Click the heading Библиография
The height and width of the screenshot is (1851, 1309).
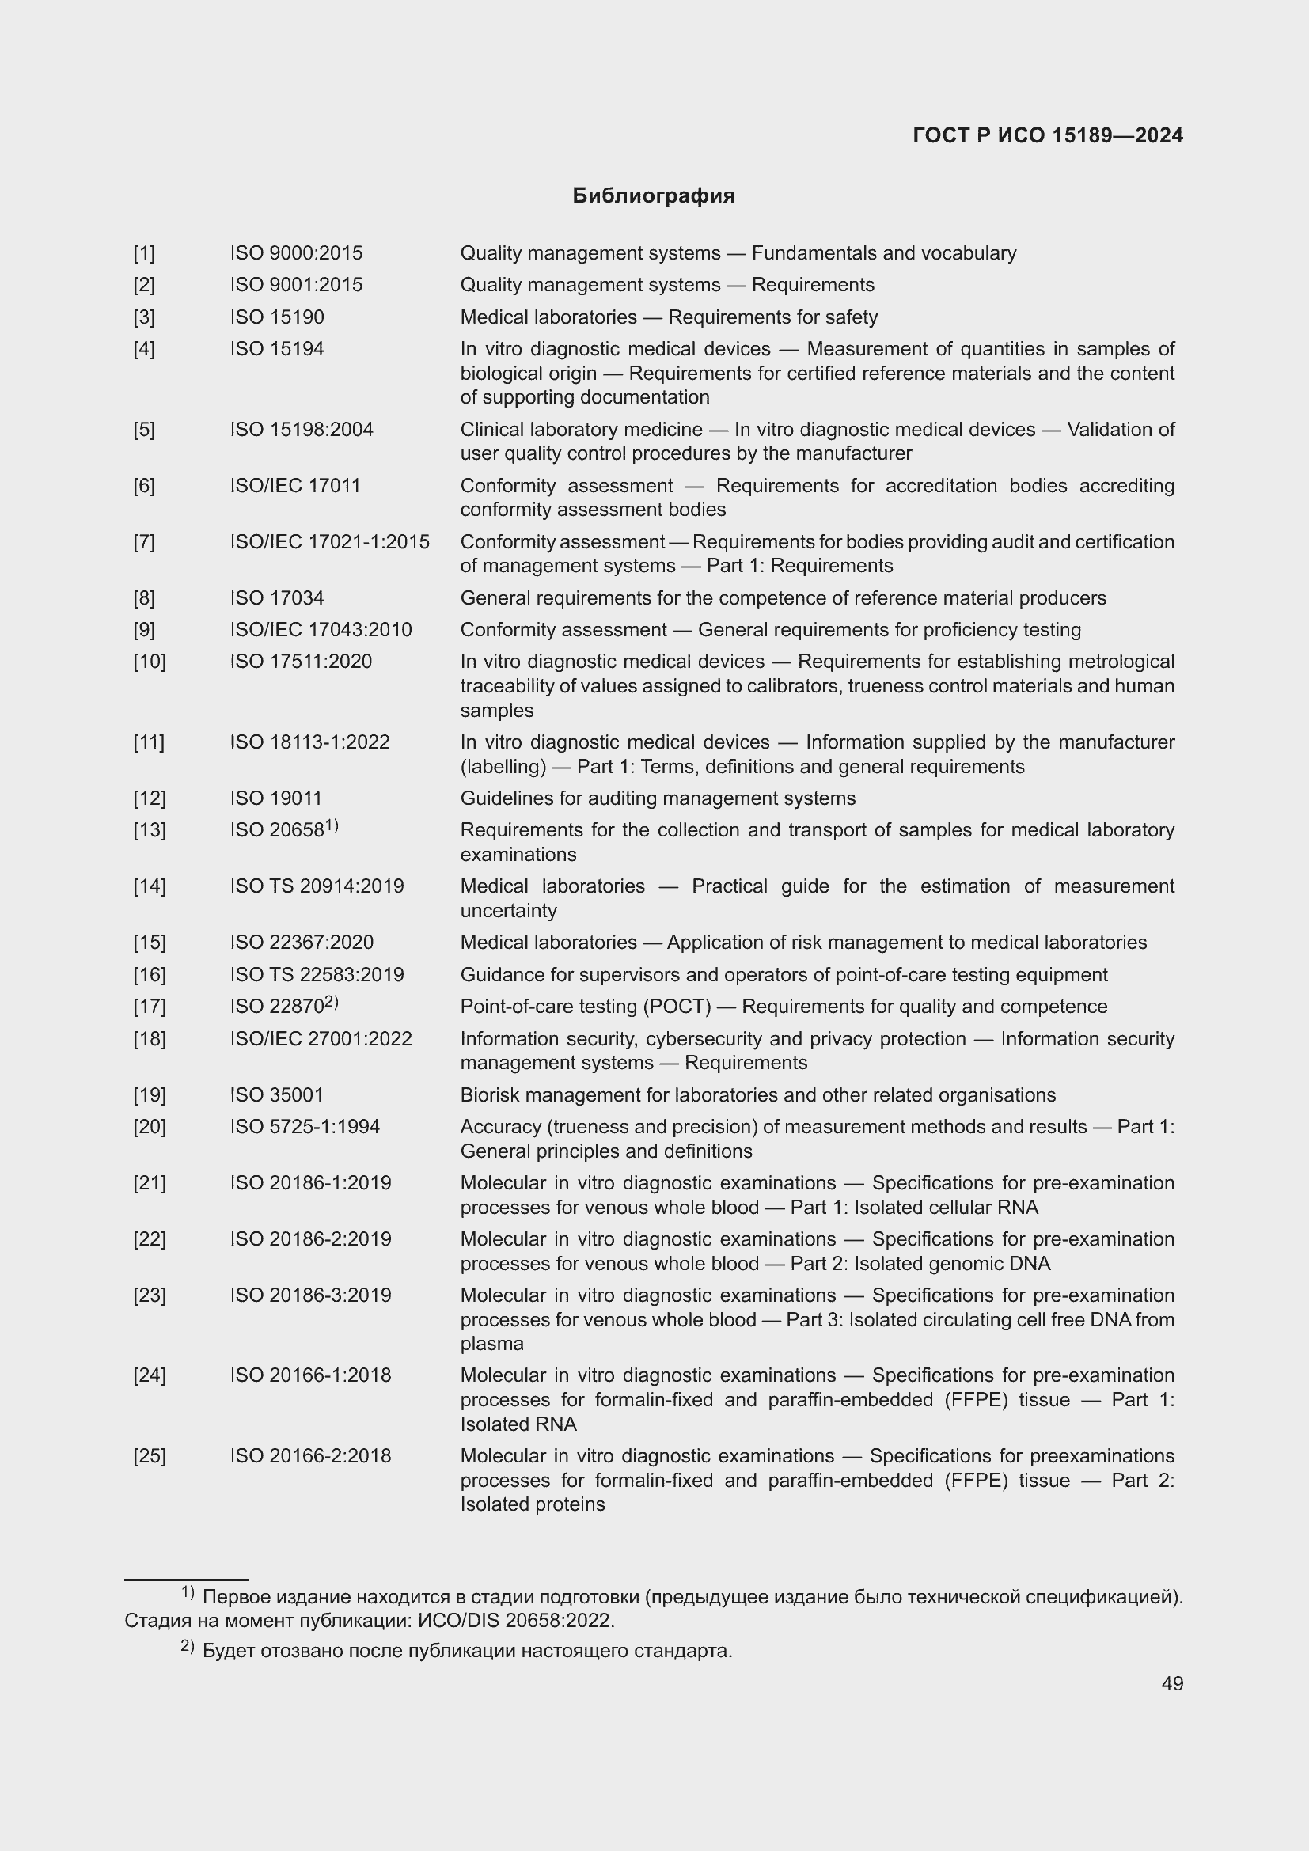tap(653, 196)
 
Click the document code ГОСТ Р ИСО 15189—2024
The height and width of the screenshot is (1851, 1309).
tap(1047, 135)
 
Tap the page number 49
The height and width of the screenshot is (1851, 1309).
tap(1172, 1683)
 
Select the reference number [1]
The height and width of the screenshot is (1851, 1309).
tap(144, 253)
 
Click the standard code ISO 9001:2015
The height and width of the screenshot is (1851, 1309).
tap(296, 285)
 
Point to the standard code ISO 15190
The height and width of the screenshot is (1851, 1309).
tap(276, 317)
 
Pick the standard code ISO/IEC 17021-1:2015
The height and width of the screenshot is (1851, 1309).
tap(329, 542)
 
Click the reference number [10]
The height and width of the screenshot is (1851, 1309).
tap(149, 662)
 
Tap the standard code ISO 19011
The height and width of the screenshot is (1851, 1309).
tap(275, 798)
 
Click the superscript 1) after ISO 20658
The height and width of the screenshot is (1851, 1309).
tap(332, 825)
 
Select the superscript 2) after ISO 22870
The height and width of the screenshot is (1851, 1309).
tap(332, 1002)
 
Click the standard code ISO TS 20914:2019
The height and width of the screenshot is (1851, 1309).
tap(316, 886)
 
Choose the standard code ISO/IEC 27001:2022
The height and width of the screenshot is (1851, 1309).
tap(320, 1038)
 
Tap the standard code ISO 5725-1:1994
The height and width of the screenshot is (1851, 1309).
tap(304, 1126)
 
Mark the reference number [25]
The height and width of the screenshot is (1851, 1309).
tap(149, 1456)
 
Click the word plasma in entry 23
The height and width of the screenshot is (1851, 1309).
tap(491, 1344)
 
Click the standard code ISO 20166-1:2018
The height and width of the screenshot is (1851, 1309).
tap(309, 1375)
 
